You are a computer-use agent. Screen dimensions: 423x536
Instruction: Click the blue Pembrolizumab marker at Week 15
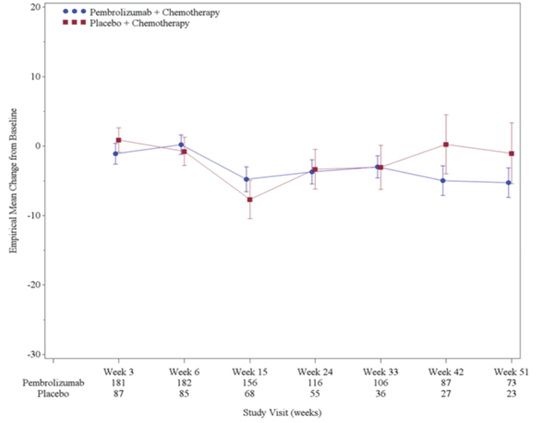coord(246,179)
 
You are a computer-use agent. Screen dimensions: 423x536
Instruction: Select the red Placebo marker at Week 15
coord(250,199)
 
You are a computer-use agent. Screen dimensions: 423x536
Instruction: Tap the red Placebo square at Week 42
coord(446,144)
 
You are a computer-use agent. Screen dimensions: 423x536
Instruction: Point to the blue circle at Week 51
coord(508,183)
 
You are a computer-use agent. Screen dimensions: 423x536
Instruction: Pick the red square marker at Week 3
coord(118,140)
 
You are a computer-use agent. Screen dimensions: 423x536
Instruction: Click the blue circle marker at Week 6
coord(181,144)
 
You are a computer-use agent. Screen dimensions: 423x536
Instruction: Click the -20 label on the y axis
coord(34,285)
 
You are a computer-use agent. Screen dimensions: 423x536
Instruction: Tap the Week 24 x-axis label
coord(315,372)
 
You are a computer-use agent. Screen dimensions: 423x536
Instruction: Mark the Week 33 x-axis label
coord(380,372)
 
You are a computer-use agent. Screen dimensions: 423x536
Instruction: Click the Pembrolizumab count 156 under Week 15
coord(249,383)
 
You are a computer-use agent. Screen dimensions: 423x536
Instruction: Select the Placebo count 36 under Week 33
coord(380,394)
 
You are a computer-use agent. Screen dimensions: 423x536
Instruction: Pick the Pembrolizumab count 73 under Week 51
coord(511,383)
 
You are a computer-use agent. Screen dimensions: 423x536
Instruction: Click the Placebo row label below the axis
coord(53,394)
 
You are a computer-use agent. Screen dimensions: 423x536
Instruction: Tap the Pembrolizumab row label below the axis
coord(53,383)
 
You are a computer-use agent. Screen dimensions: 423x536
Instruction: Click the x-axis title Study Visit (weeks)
coord(282,413)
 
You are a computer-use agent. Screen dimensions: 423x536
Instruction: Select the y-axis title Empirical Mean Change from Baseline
coord(13,180)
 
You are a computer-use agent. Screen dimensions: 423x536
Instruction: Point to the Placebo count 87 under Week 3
coord(118,394)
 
